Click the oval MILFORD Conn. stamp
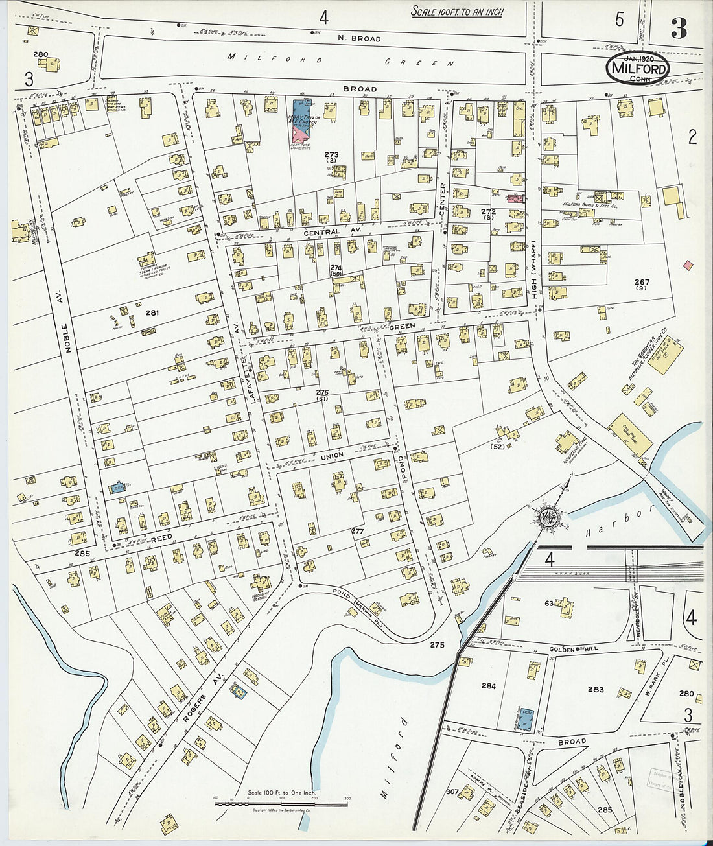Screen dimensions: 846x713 coord(638,67)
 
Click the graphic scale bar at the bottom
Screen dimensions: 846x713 coord(281,804)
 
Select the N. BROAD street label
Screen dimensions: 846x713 coord(359,39)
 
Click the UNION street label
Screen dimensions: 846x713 coord(332,457)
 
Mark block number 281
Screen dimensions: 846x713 coord(152,313)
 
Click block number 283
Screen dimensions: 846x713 coord(596,690)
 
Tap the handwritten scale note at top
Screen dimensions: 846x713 coord(457,12)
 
